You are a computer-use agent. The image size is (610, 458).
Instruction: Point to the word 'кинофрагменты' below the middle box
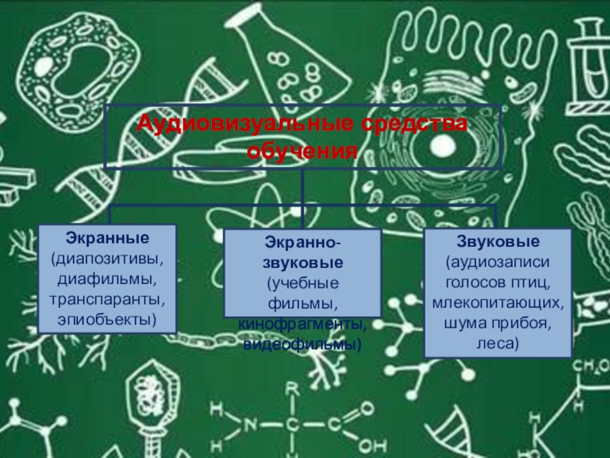(x=301, y=326)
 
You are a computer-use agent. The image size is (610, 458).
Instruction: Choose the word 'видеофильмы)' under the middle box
(x=302, y=345)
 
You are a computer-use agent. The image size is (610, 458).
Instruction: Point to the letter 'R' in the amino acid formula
(x=291, y=389)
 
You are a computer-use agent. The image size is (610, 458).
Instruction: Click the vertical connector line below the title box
(x=303, y=187)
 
